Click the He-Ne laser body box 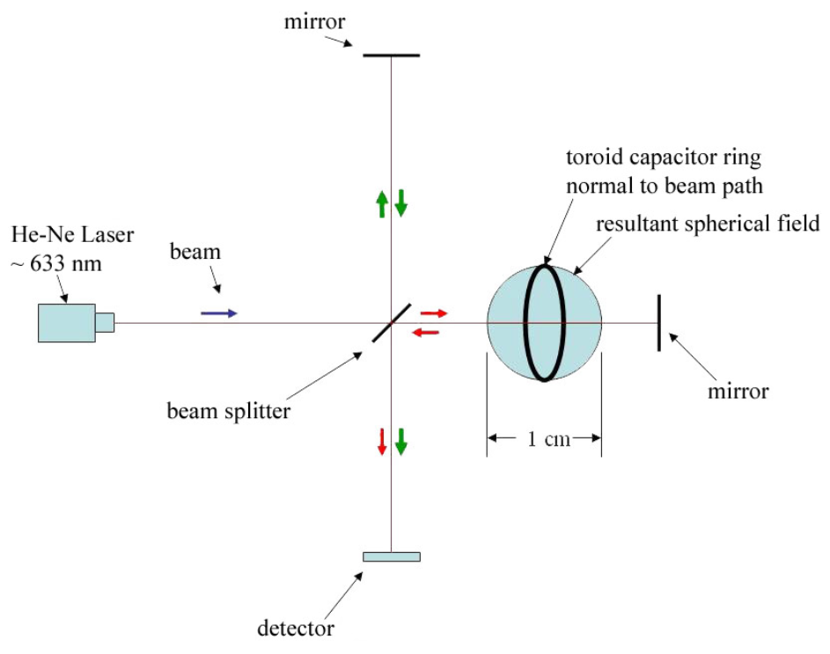67,323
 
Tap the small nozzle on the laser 105,323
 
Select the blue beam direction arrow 219,313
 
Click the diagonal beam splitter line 391,323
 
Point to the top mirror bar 391,55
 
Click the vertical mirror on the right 659,323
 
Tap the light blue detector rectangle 392,556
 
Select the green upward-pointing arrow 382,204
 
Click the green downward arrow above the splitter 401,203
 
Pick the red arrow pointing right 434,313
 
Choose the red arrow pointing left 426,332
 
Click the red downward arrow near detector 382,442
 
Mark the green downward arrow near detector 401,442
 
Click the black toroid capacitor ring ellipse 525,323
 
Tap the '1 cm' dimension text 549,439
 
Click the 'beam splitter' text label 229,411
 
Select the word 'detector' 296,628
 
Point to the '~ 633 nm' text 56,263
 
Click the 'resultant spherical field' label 708,224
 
